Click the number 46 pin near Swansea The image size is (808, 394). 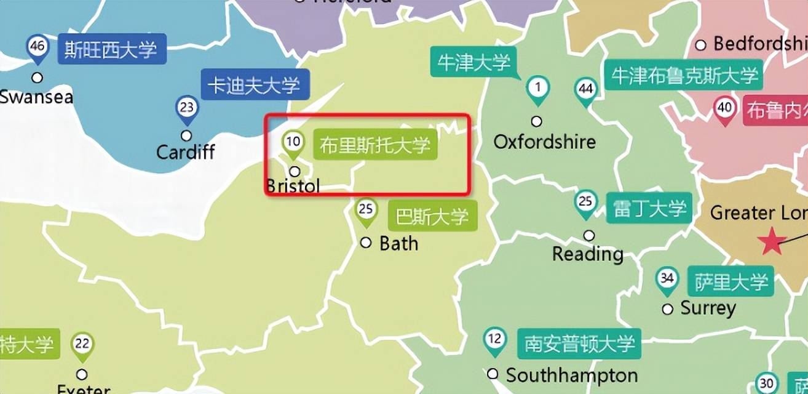click(38, 47)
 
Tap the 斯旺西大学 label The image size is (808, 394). click(111, 49)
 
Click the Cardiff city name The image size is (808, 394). click(186, 151)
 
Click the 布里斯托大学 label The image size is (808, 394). click(374, 145)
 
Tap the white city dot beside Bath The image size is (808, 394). click(366, 243)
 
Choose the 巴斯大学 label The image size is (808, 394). click(432, 217)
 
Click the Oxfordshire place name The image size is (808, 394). click(545, 142)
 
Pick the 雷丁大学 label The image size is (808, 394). click(649, 209)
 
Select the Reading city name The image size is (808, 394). click(588, 254)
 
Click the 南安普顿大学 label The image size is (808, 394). click(579, 344)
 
